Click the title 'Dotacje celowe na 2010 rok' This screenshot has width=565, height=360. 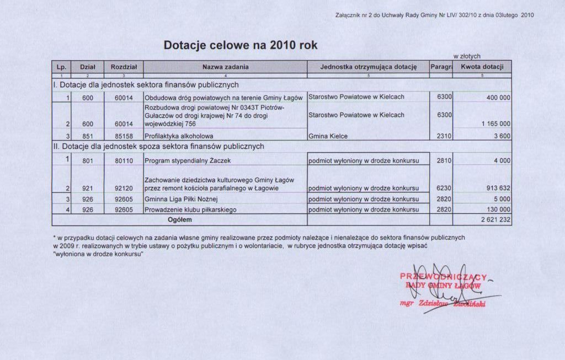[241, 45]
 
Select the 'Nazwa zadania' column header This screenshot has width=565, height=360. [225, 67]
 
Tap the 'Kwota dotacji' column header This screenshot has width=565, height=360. [482, 67]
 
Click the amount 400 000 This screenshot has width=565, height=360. [498, 98]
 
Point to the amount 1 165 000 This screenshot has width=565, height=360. [495, 124]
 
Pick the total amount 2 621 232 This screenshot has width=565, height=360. [495, 220]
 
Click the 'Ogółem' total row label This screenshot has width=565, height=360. [180, 220]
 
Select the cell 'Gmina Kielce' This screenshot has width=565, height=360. [328, 136]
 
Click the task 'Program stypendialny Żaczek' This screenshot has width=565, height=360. [183, 161]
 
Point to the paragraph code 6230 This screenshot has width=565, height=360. [444, 189]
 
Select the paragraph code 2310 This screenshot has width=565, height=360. [444, 136]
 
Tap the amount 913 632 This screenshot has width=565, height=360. [498, 189]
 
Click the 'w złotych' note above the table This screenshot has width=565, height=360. [466, 56]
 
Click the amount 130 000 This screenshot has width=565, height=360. [498, 209]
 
